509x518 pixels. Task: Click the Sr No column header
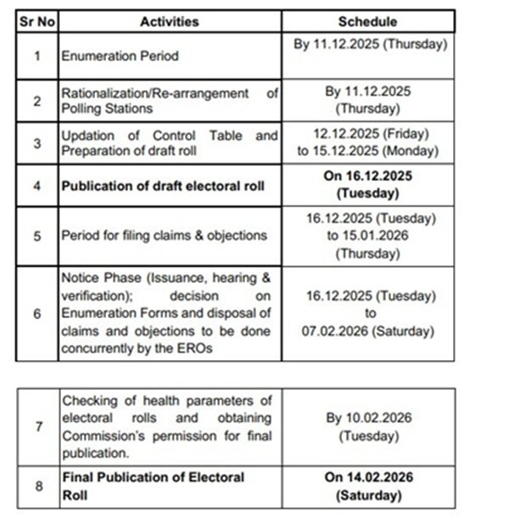pos(36,22)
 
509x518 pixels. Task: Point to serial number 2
pos(36,101)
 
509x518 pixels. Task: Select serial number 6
pos(36,312)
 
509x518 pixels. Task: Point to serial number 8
pos(36,487)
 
